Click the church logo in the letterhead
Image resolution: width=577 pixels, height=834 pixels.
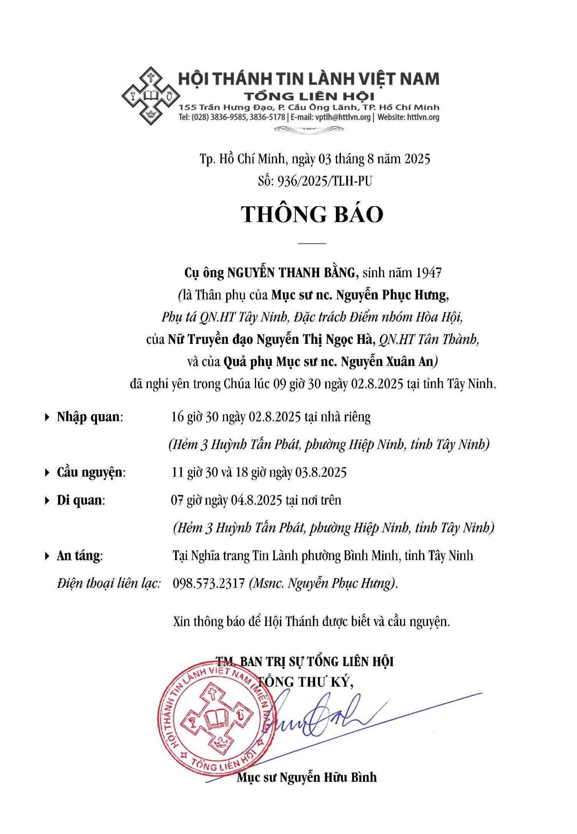point(151,96)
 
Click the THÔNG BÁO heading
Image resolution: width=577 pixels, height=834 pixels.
point(312,214)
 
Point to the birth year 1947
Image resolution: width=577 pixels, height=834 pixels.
point(428,272)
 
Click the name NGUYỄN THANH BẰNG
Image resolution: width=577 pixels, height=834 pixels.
point(291,272)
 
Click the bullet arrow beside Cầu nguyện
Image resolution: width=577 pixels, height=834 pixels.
point(47,472)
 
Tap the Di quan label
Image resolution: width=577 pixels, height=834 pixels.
point(80,500)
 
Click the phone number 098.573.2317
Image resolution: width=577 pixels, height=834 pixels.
point(208,583)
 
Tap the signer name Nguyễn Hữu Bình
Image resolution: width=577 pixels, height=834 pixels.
point(328,778)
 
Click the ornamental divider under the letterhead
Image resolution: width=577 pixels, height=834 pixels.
point(309,130)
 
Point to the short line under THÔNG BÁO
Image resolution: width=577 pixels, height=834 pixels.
point(312,243)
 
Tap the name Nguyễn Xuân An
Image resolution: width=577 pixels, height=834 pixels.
point(387,362)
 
